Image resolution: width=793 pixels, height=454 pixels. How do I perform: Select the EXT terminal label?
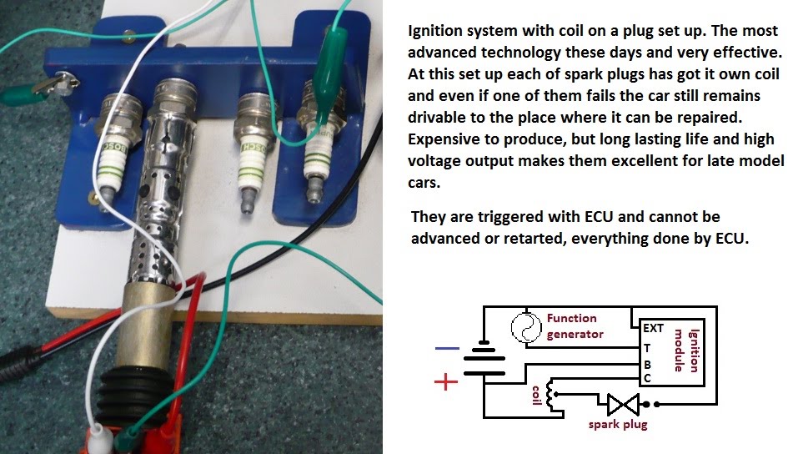click(x=653, y=329)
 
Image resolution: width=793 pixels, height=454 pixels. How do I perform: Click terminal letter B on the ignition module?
click(x=647, y=365)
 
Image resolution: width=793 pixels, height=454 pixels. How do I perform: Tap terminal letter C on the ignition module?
click(x=647, y=379)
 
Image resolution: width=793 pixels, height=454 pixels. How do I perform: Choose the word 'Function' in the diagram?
click(x=571, y=318)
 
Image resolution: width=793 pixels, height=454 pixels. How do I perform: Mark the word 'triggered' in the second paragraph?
click(x=509, y=217)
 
